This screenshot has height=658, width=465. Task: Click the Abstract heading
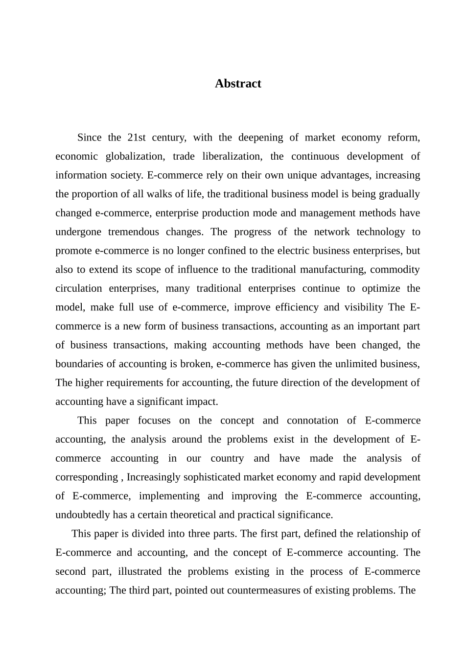click(x=238, y=84)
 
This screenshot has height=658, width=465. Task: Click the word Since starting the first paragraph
click(x=90, y=138)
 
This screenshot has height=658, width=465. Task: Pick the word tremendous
click(x=133, y=232)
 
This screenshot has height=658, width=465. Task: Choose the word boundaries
click(x=79, y=364)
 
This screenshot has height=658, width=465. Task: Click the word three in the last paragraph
click(x=201, y=534)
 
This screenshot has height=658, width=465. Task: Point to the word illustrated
click(x=139, y=572)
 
